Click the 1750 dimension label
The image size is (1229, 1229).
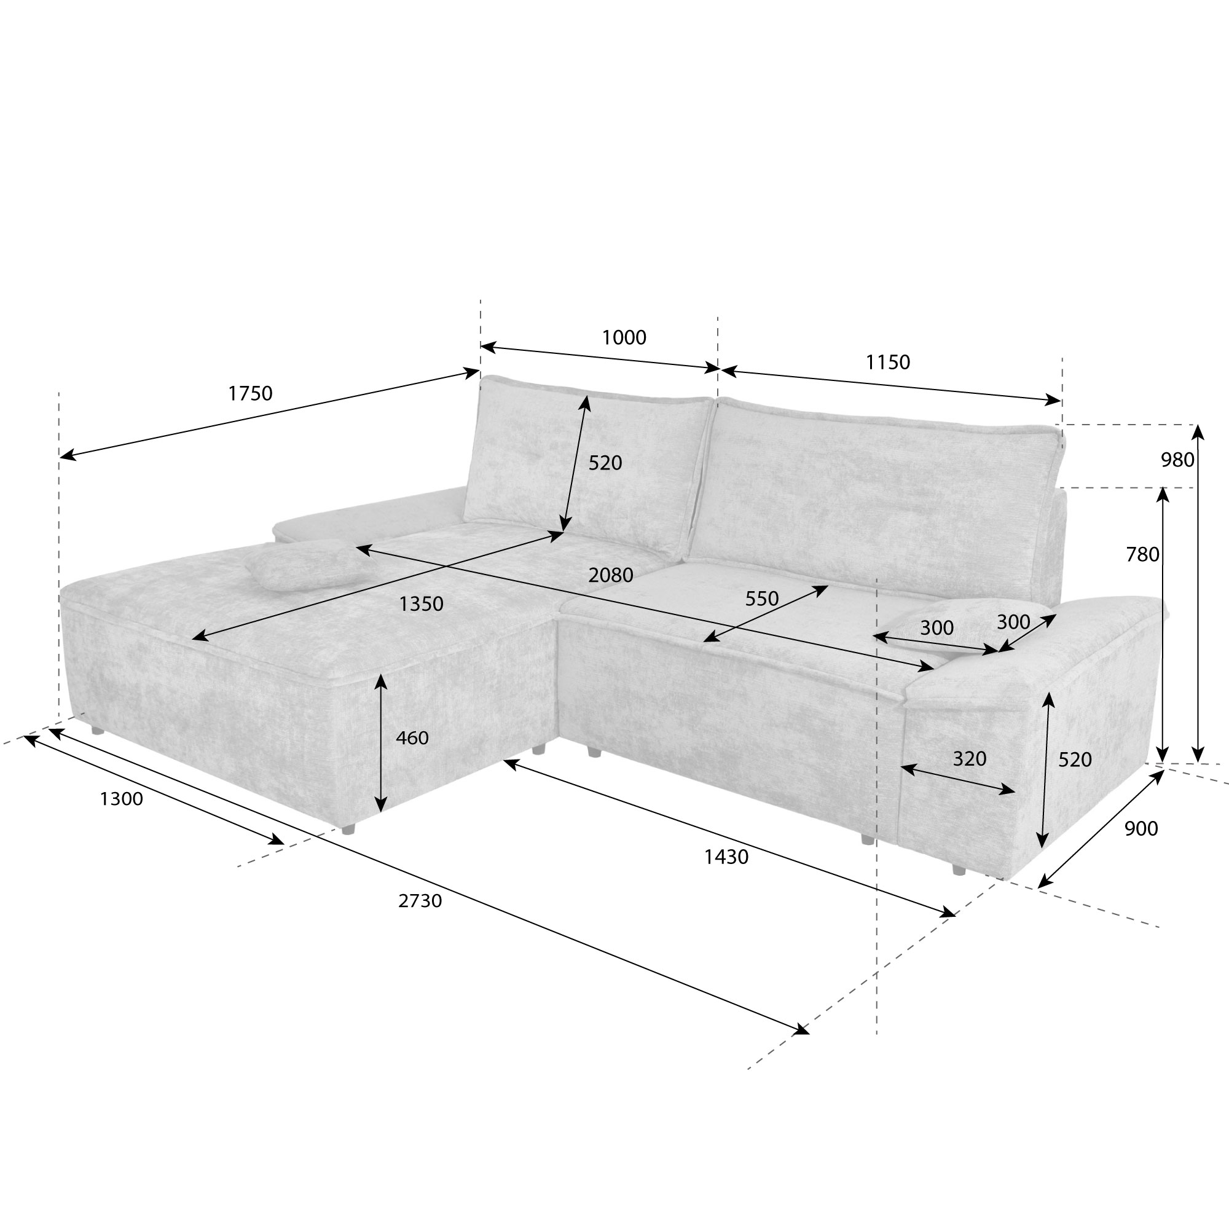(x=250, y=394)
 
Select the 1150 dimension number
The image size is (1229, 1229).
(x=887, y=362)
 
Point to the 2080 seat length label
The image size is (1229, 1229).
(x=610, y=575)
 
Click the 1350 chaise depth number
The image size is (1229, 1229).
(x=420, y=603)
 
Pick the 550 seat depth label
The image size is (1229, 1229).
(x=761, y=599)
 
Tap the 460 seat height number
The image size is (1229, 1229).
(x=412, y=738)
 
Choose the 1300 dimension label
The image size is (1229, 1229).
(x=121, y=798)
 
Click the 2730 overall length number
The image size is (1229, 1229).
(x=420, y=901)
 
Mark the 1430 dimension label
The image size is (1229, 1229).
(x=726, y=857)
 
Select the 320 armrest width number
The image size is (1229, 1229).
(x=969, y=758)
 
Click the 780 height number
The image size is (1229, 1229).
(x=1142, y=555)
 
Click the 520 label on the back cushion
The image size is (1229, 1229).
(x=604, y=463)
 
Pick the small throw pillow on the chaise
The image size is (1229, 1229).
(x=304, y=563)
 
